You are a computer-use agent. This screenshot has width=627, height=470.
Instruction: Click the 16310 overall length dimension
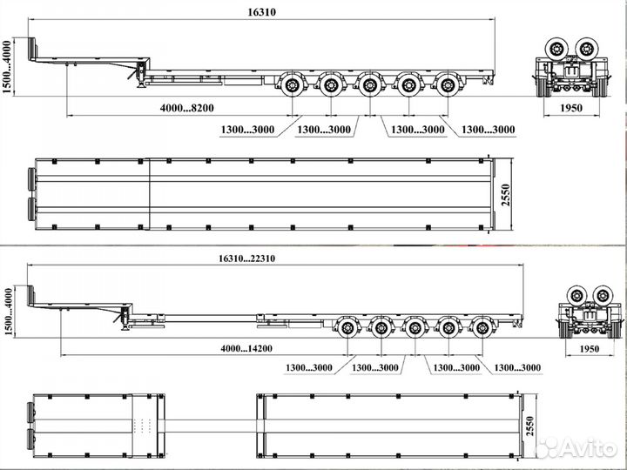click(262, 12)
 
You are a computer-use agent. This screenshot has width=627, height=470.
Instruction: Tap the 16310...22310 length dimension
click(246, 258)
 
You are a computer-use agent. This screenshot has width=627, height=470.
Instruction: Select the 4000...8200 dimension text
click(187, 108)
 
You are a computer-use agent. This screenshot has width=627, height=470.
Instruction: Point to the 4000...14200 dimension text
click(246, 348)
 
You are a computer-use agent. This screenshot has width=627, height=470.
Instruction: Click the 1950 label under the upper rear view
click(571, 108)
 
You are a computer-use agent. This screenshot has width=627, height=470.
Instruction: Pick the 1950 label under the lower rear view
click(589, 349)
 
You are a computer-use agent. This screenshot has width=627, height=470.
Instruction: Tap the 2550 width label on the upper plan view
click(506, 195)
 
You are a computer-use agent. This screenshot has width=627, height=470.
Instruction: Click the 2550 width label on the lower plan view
click(529, 426)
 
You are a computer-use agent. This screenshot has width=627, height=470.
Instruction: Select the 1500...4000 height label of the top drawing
click(7, 66)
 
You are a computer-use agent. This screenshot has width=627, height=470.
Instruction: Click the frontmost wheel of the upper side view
click(293, 84)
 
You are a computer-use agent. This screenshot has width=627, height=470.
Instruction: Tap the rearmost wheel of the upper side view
click(448, 84)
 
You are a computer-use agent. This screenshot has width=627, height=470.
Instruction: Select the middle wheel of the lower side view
click(415, 328)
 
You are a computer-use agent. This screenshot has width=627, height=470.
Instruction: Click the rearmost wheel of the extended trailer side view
click(482, 328)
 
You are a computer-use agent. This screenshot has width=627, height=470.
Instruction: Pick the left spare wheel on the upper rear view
click(556, 49)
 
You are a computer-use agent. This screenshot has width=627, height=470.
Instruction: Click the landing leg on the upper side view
click(141, 77)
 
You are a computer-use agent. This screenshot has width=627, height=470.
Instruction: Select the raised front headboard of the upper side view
click(31, 49)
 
